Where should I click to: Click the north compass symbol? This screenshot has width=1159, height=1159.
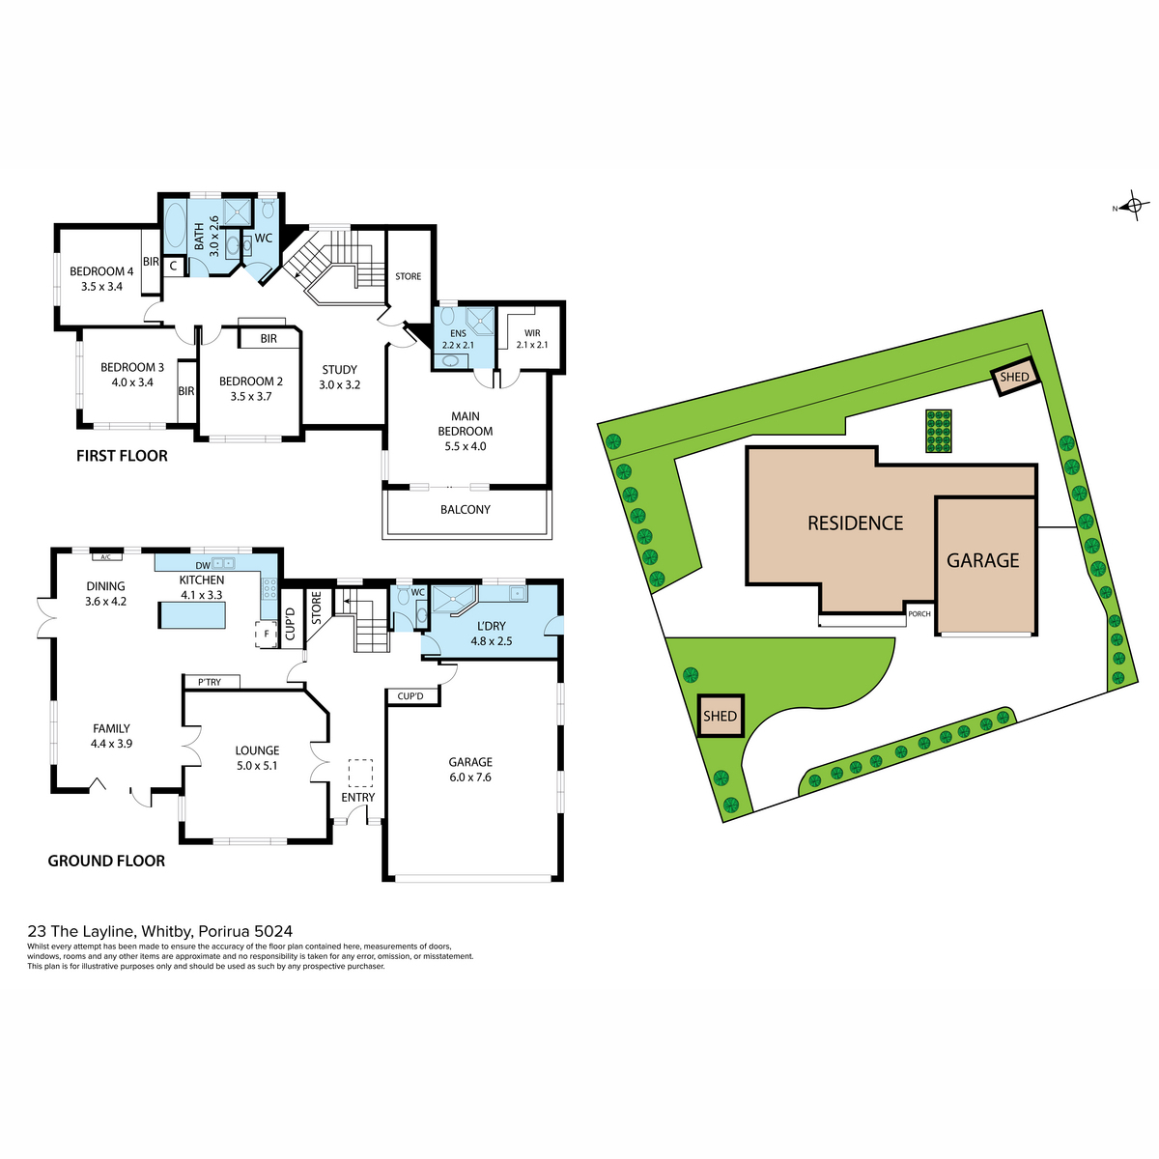click(1133, 207)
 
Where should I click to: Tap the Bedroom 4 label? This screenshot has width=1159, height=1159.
click(101, 278)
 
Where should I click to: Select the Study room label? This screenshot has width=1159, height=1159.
click(339, 377)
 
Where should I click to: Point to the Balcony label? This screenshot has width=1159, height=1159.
click(465, 509)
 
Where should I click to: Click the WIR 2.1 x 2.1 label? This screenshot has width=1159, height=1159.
click(531, 339)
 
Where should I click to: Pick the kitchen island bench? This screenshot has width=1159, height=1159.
click(192, 614)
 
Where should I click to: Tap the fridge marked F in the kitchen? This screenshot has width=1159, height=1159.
click(266, 635)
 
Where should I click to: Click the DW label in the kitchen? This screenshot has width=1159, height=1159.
click(203, 565)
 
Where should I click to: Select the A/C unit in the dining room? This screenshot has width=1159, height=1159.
click(106, 557)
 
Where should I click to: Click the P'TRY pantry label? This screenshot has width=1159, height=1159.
click(210, 682)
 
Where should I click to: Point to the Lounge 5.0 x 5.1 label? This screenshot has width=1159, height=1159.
click(257, 758)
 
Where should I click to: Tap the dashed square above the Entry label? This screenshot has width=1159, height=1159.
click(361, 773)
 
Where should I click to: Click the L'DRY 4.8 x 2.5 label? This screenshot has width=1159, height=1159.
click(491, 634)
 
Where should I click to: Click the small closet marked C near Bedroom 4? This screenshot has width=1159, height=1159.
click(173, 266)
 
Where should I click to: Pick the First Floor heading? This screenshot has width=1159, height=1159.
click(122, 455)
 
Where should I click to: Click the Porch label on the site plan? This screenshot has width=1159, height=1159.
click(919, 614)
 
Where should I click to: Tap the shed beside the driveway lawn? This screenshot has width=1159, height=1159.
click(720, 716)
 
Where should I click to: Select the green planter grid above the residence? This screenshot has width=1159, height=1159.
click(938, 431)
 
